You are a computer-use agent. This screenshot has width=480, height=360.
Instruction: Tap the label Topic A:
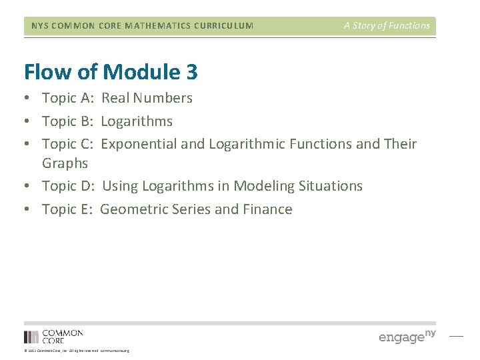(67, 98)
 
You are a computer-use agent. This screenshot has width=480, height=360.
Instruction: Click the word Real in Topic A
(115, 98)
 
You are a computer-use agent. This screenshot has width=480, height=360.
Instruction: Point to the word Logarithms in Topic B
(137, 121)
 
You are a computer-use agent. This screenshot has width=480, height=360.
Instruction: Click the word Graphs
(65, 163)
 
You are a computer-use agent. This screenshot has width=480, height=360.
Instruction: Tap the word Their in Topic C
(400, 144)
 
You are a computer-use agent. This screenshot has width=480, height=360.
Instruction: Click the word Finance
(267, 209)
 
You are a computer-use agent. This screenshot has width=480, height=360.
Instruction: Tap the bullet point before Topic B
(28, 121)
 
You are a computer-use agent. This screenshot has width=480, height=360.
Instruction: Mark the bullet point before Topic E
(28, 209)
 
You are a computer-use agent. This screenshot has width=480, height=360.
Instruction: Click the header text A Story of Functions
(387, 26)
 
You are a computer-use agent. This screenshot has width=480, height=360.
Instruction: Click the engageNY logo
(407, 336)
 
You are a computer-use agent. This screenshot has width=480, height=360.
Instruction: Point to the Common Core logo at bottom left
(53, 336)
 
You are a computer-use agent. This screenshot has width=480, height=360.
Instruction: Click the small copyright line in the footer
(77, 351)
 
